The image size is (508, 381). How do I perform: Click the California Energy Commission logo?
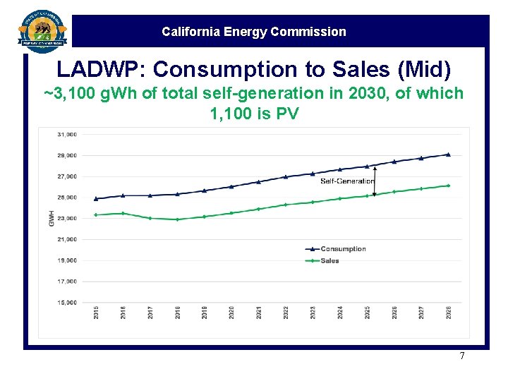pyautogui.click(x=42, y=30)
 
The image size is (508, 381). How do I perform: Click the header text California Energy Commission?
pyautogui.click(x=253, y=32)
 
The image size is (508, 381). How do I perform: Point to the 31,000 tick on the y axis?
pyautogui.click(x=68, y=134)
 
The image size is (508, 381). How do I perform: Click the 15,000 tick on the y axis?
pyautogui.click(x=68, y=303)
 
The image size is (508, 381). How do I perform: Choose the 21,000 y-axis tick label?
pyautogui.click(x=68, y=239)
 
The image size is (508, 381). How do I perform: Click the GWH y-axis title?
pyautogui.click(x=52, y=218)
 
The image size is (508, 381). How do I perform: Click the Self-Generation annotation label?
pyautogui.click(x=346, y=181)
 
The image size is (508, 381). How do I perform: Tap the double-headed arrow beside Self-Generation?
pyautogui.click(x=375, y=181)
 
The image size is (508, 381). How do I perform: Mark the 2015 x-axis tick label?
pyautogui.click(x=97, y=313)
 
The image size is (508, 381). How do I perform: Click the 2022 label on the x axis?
pyautogui.click(x=286, y=313)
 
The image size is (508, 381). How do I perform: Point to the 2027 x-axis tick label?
pyautogui.click(x=421, y=313)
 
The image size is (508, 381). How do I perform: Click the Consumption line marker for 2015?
pyautogui.click(x=96, y=198)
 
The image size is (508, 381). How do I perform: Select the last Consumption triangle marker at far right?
pyautogui.click(x=448, y=154)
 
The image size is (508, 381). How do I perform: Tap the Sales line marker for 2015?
pyautogui.click(x=96, y=214)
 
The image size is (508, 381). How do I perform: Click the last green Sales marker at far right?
pyautogui.click(x=448, y=186)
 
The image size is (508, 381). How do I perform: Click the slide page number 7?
pyautogui.click(x=462, y=356)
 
